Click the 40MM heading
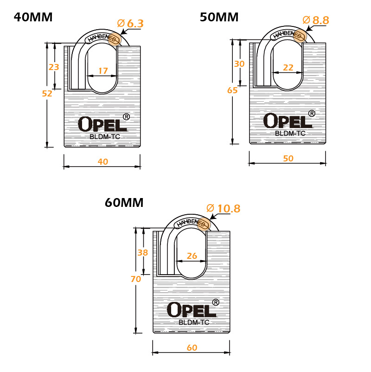[33, 17]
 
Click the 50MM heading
[219, 17]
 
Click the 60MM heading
[124, 203]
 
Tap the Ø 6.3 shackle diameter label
[130, 24]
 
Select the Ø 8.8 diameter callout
[316, 20]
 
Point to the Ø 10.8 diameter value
[224, 208]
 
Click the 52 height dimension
[47, 94]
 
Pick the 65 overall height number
[232, 90]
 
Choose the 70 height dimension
[136, 279]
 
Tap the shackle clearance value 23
[54, 67]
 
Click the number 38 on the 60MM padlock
[142, 252]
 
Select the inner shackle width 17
[103, 71]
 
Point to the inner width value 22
[288, 67]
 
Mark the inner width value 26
[192, 256]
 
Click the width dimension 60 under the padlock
[192, 347]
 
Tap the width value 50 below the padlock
[288, 158]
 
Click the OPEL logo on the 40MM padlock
[102, 124]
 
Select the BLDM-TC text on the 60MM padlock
[194, 322]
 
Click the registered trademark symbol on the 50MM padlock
[312, 113]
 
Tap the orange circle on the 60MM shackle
[204, 224]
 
